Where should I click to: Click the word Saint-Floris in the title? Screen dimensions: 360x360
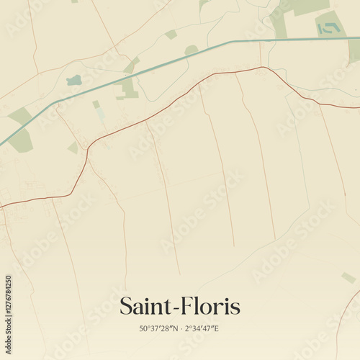point(179,306)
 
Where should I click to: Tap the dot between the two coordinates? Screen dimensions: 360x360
point(180,329)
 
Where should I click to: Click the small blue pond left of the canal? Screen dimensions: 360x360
point(73,81)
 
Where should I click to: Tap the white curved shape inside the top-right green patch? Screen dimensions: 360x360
point(328,29)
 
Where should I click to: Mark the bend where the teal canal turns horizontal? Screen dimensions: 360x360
point(232,41)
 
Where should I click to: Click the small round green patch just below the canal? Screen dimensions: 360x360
point(191,50)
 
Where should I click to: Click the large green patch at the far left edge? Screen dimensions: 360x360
point(20,130)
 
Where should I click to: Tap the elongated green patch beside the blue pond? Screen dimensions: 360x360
point(128,85)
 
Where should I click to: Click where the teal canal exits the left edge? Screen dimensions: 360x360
point(1,143)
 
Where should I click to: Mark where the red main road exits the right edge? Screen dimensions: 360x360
point(358,107)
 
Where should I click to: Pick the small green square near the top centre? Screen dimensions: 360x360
point(171,34)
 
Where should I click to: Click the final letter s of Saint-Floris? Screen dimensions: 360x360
point(235,308)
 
